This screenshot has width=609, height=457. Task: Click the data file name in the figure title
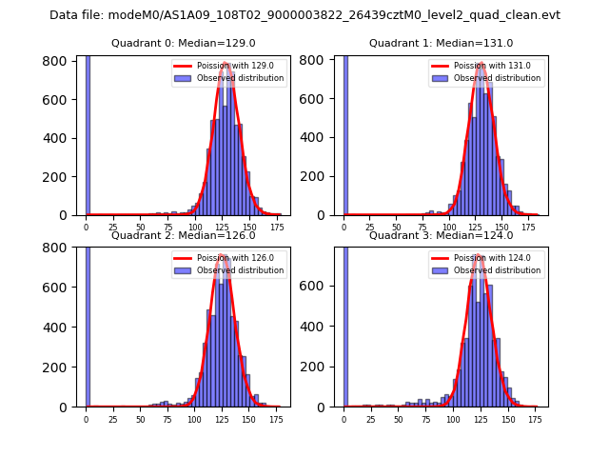click(304, 15)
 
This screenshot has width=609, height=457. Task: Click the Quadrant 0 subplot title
click(184, 43)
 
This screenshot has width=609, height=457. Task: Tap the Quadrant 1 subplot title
click(441, 43)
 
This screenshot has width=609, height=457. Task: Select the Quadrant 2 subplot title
click(184, 235)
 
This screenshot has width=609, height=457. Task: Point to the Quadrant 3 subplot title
click(441, 235)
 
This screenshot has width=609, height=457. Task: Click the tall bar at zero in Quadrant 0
click(88, 133)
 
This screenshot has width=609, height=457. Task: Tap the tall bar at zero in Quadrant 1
click(345, 133)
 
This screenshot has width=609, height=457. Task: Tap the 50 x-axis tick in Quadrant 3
click(399, 419)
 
